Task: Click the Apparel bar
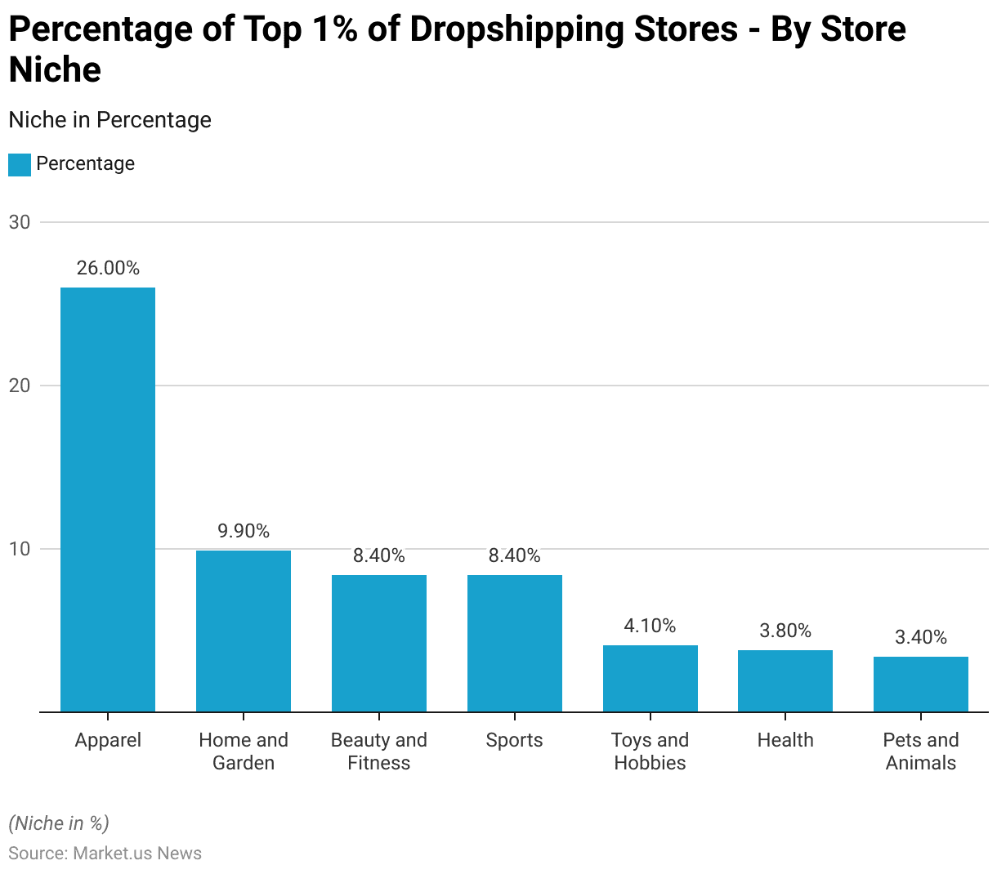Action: (108, 499)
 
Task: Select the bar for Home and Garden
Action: (244, 631)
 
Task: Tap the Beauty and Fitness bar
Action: (379, 643)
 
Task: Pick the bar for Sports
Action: (515, 643)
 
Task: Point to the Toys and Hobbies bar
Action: (651, 678)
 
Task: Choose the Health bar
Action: (785, 680)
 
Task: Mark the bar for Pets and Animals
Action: (921, 684)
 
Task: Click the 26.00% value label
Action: (108, 268)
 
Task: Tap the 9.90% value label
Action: (244, 531)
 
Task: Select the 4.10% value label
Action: (651, 626)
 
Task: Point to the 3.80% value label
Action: (785, 631)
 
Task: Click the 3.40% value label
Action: (921, 637)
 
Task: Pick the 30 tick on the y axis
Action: (20, 222)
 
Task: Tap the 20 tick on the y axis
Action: (20, 386)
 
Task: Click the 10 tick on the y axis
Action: (20, 549)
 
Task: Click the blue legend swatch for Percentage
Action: (20, 164)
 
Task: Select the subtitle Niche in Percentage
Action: (110, 120)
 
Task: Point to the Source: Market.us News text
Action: (105, 853)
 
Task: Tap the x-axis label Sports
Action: (515, 740)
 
